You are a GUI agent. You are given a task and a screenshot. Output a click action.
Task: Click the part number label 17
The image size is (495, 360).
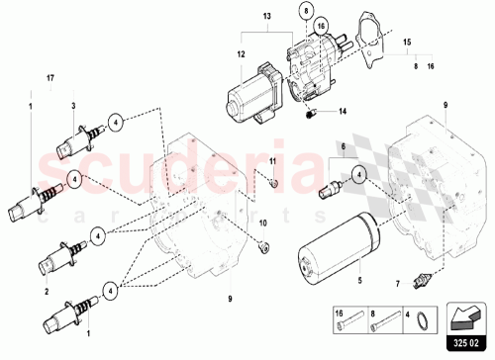(x=50, y=77)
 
